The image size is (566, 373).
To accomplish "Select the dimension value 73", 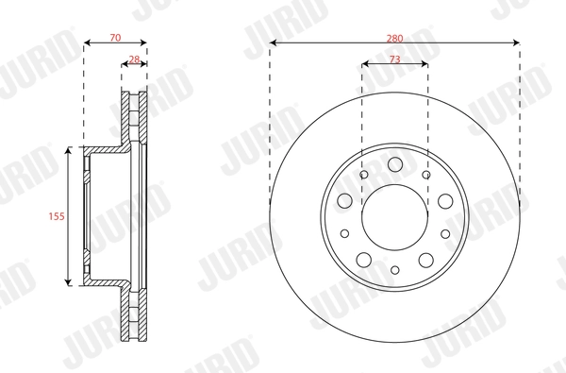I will point(394,59).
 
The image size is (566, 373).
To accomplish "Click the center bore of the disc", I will point(394,216).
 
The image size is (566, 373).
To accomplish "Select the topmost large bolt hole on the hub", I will point(394,166).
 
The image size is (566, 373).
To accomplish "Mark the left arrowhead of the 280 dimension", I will point(273,42).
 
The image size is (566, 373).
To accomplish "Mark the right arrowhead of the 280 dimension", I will point(516,42).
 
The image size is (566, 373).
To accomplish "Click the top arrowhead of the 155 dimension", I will point(69,151).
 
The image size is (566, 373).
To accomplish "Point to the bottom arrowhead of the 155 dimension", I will point(69,281).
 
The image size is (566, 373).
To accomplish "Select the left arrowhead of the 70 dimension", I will point(87,42).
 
